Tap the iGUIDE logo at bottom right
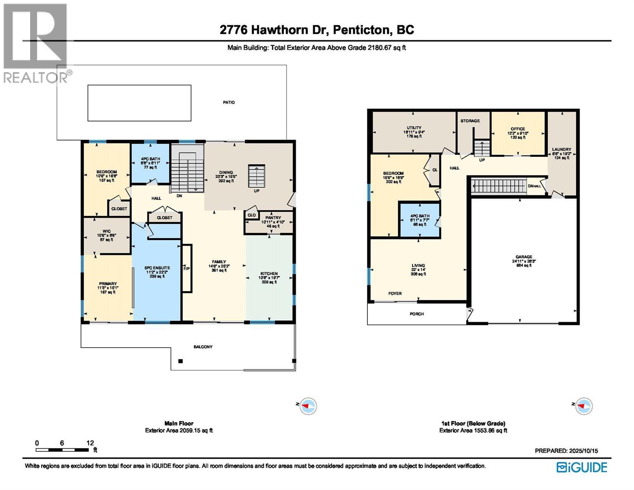tap(582, 467)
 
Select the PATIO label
tap(229, 102)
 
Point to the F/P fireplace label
tap(187, 268)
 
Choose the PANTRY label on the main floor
tap(273, 218)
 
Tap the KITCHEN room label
tap(269, 274)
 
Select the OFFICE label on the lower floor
tap(518, 129)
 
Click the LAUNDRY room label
tap(561, 149)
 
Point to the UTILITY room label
tap(414, 128)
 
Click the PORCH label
tap(416, 314)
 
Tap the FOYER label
tap(395, 294)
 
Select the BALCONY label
tap(203, 347)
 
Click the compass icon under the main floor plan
tap(308, 406)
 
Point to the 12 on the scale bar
tap(90, 443)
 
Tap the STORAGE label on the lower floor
tap(470, 121)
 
